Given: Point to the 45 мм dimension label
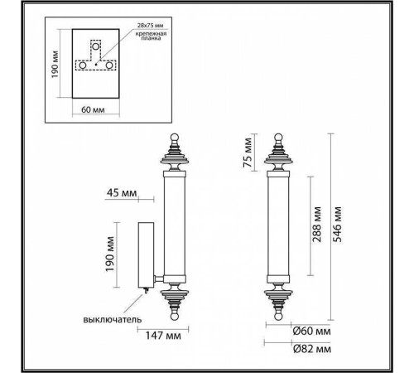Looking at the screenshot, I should (122, 196).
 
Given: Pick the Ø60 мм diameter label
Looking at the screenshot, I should (310, 332).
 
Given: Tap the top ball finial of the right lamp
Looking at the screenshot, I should (277, 138).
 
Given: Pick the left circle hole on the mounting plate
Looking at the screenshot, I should (83, 65).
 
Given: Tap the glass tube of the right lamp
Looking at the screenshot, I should (277, 224).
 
